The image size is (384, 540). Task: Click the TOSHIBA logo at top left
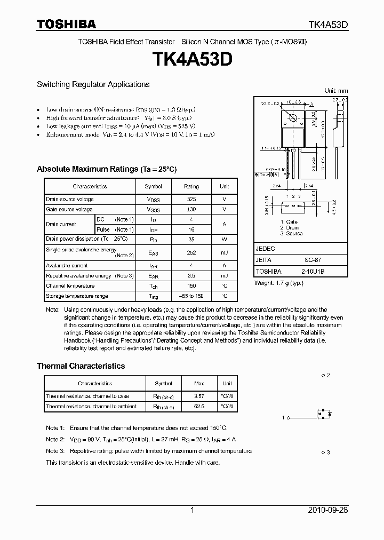click(66, 24)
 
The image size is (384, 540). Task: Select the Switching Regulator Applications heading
click(93, 84)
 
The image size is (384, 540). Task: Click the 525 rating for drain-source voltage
click(191, 200)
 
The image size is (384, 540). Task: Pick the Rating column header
click(191, 186)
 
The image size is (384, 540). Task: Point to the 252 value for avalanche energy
click(191, 252)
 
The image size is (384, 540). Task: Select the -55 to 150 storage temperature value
click(191, 296)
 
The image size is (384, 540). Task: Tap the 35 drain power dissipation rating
click(191, 239)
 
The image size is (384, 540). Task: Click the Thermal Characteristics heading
click(81, 366)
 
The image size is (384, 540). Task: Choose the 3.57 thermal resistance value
click(199, 396)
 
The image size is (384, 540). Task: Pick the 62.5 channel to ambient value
click(199, 407)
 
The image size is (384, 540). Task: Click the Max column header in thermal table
click(199, 383)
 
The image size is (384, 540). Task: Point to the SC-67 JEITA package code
click(313, 260)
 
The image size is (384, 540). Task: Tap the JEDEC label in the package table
click(265, 249)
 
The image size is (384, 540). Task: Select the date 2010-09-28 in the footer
click(328, 510)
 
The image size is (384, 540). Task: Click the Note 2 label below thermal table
click(55, 440)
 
